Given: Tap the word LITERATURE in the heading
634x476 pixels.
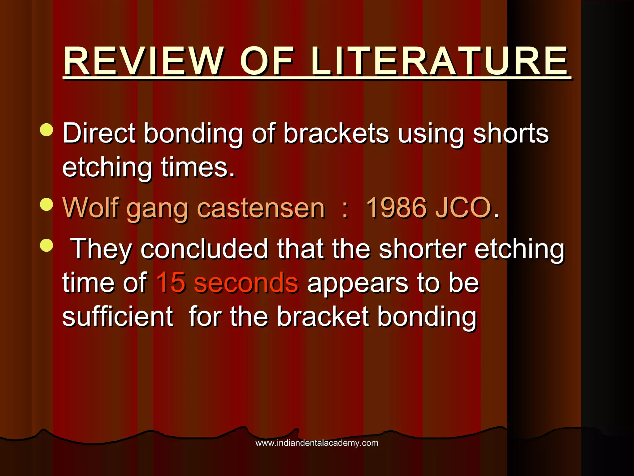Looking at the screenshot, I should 440,61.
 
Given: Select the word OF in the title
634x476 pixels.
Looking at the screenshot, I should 267,61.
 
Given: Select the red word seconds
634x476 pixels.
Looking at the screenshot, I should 246,283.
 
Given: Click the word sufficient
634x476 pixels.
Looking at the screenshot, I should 118,317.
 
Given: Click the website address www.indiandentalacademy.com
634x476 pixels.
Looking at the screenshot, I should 317,443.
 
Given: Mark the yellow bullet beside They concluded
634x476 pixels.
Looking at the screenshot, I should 46,245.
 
